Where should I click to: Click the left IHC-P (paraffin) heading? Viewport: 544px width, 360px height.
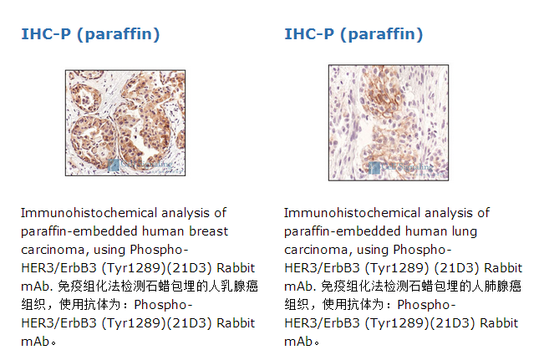pyautogui.click(x=90, y=34)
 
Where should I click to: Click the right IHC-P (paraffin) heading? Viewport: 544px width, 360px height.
pyautogui.click(x=353, y=34)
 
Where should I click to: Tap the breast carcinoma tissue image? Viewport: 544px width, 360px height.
pyautogui.click(x=125, y=123)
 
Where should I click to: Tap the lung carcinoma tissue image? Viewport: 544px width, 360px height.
pyautogui.click(x=389, y=123)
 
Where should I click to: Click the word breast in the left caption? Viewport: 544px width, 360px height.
pyautogui.click(x=209, y=231)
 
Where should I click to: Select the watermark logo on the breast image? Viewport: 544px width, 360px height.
pyautogui.click(x=114, y=165)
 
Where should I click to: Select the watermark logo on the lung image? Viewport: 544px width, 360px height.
pyautogui.click(x=374, y=168)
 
